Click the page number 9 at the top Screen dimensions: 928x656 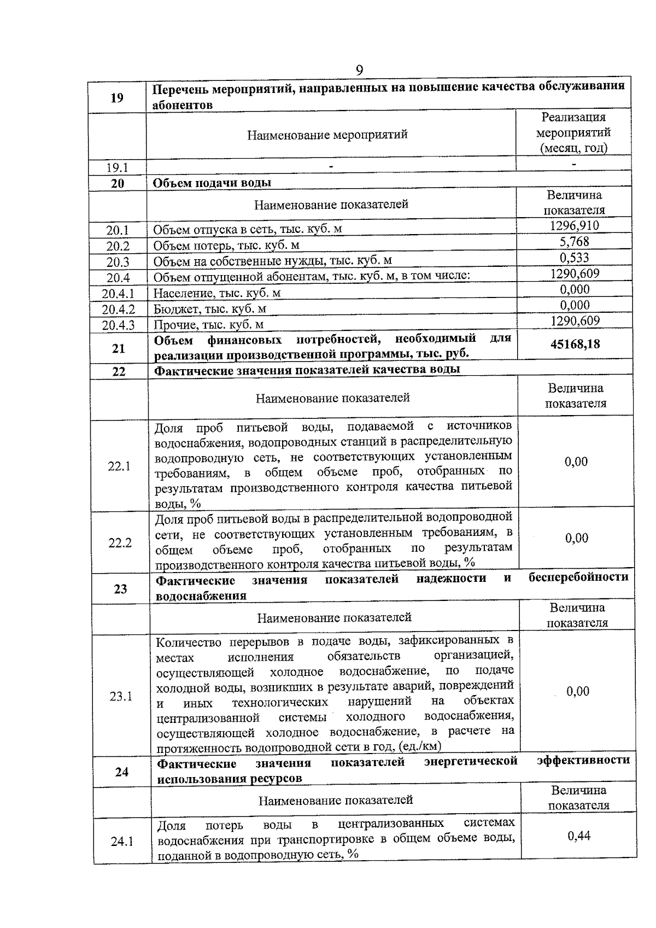[x=359, y=71]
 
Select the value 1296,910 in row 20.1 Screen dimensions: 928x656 [x=574, y=226]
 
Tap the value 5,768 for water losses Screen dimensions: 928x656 [x=574, y=242]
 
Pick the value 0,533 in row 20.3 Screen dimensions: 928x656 [x=574, y=258]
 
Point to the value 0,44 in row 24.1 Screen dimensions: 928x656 [x=578, y=836]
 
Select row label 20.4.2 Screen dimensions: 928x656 [x=118, y=309]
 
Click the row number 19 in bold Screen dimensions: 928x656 [x=117, y=98]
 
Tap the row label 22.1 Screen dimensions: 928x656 [x=119, y=466]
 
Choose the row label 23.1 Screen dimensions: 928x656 [x=121, y=696]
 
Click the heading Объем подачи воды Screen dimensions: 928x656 [x=212, y=183]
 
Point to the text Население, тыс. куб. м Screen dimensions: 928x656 [x=217, y=293]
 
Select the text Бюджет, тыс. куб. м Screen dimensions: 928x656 [x=210, y=309]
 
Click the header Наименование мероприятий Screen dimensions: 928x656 [x=327, y=135]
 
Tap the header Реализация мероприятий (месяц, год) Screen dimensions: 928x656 [x=573, y=132]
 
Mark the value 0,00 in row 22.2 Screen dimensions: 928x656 [x=577, y=538]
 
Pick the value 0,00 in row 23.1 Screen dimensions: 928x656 [x=578, y=691]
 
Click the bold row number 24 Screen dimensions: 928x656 [x=122, y=772]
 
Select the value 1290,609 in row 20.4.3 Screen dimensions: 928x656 [x=575, y=321]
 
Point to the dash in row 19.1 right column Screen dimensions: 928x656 [x=574, y=164]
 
